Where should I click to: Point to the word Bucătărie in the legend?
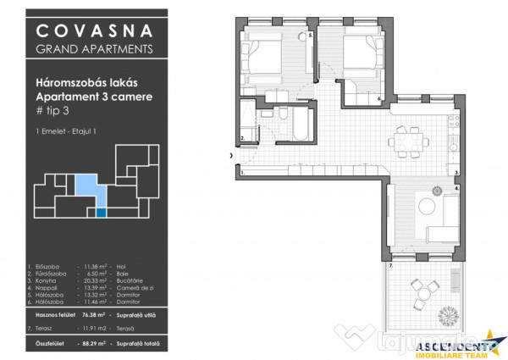coord(129,280)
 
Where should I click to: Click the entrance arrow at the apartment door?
coord(231,156)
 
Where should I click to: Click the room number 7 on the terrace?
coord(391,266)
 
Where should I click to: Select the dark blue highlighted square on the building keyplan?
coord(102,213)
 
